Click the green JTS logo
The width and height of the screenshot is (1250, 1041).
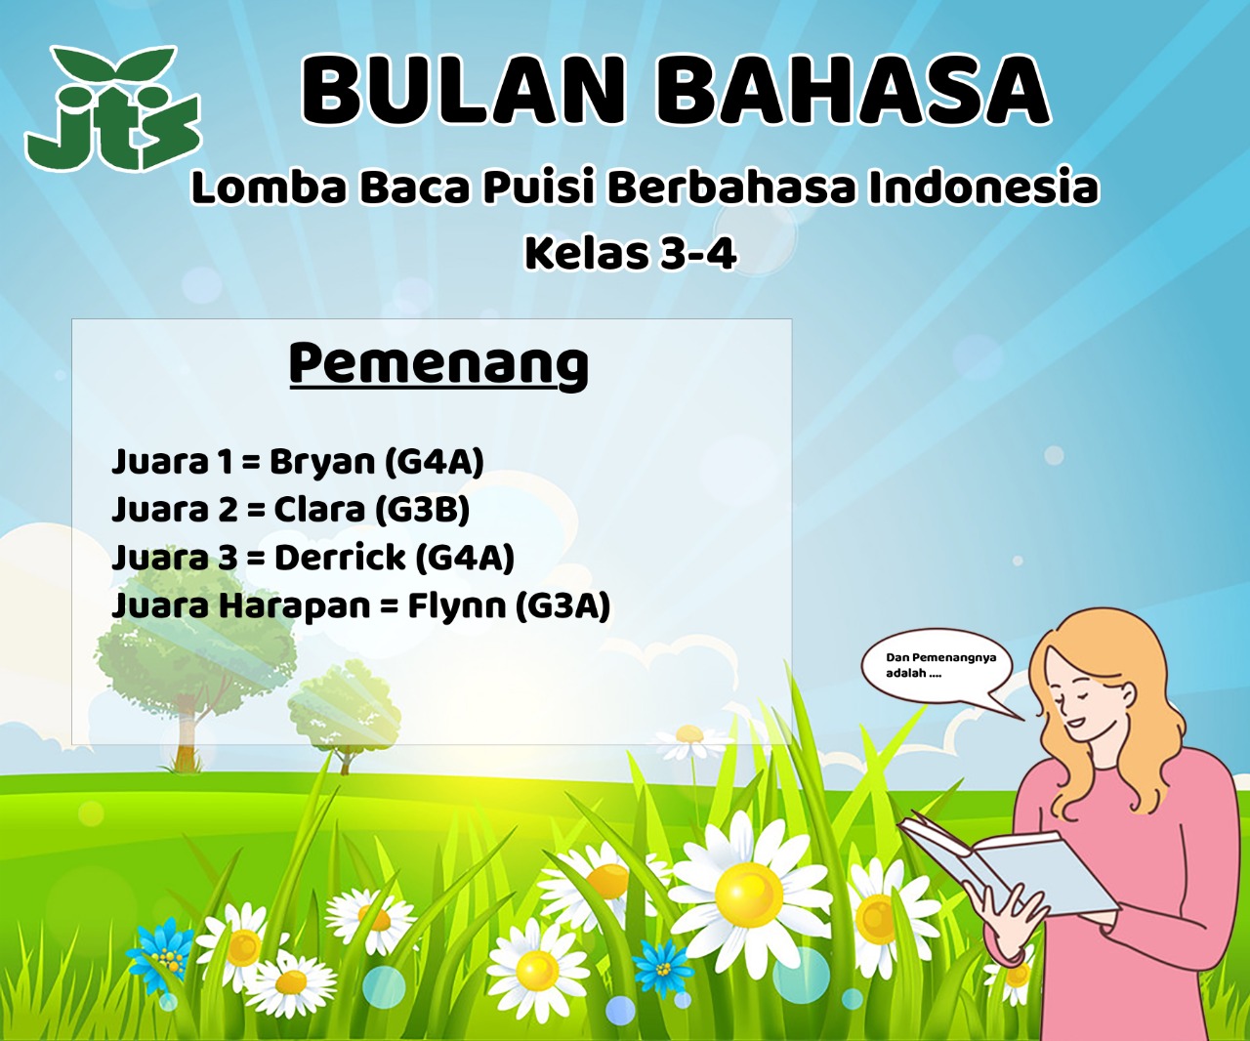pos(113,108)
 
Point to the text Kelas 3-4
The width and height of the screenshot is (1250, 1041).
pos(631,254)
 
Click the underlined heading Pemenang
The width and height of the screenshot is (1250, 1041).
pos(438,364)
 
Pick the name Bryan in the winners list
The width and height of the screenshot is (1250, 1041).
pos(322,463)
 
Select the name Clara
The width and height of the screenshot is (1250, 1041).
pos(319,510)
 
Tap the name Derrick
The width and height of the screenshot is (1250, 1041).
pos(340,558)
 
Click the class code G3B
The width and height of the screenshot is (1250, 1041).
pos(423,510)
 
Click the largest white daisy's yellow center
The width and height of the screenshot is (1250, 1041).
pos(748,894)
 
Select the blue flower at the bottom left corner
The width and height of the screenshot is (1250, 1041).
pos(160,957)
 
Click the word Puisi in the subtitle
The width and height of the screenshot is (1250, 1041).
pos(539,187)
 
